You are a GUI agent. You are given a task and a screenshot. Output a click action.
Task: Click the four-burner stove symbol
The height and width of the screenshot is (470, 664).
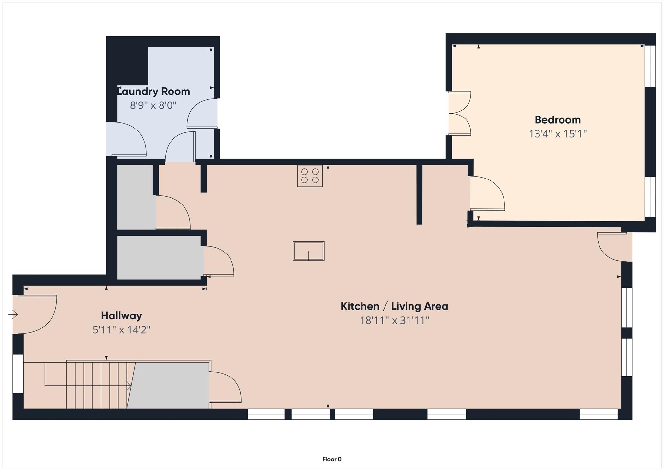[310, 176]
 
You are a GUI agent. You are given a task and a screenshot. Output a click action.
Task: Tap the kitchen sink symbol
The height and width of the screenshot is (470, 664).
[308, 251]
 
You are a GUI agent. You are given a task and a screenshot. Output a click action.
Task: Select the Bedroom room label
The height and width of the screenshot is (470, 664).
[557, 120]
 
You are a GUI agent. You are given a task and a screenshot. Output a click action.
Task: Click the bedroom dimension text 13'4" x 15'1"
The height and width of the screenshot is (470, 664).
[558, 134]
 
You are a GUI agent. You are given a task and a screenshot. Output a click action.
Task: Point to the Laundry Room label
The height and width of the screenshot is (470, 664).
[153, 92]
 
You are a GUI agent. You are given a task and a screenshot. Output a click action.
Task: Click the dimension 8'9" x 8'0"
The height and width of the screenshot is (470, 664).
[153, 105]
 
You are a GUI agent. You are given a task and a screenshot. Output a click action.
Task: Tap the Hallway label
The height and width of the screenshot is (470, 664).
[121, 315]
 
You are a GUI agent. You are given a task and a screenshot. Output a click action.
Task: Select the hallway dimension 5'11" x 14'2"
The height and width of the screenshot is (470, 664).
[121, 330]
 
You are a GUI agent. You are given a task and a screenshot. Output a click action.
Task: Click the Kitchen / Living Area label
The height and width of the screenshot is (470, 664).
[394, 306]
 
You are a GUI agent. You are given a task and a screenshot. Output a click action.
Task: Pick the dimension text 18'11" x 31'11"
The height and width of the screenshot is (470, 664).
[394, 320]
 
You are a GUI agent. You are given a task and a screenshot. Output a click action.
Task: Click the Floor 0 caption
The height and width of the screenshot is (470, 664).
[332, 459]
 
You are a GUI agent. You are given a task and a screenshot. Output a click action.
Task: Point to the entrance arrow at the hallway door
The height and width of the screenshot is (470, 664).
[13, 315]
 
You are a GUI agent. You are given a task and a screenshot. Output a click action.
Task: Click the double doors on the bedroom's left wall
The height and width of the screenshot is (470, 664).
[460, 113]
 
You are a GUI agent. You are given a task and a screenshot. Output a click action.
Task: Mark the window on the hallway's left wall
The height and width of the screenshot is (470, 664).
[18, 374]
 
